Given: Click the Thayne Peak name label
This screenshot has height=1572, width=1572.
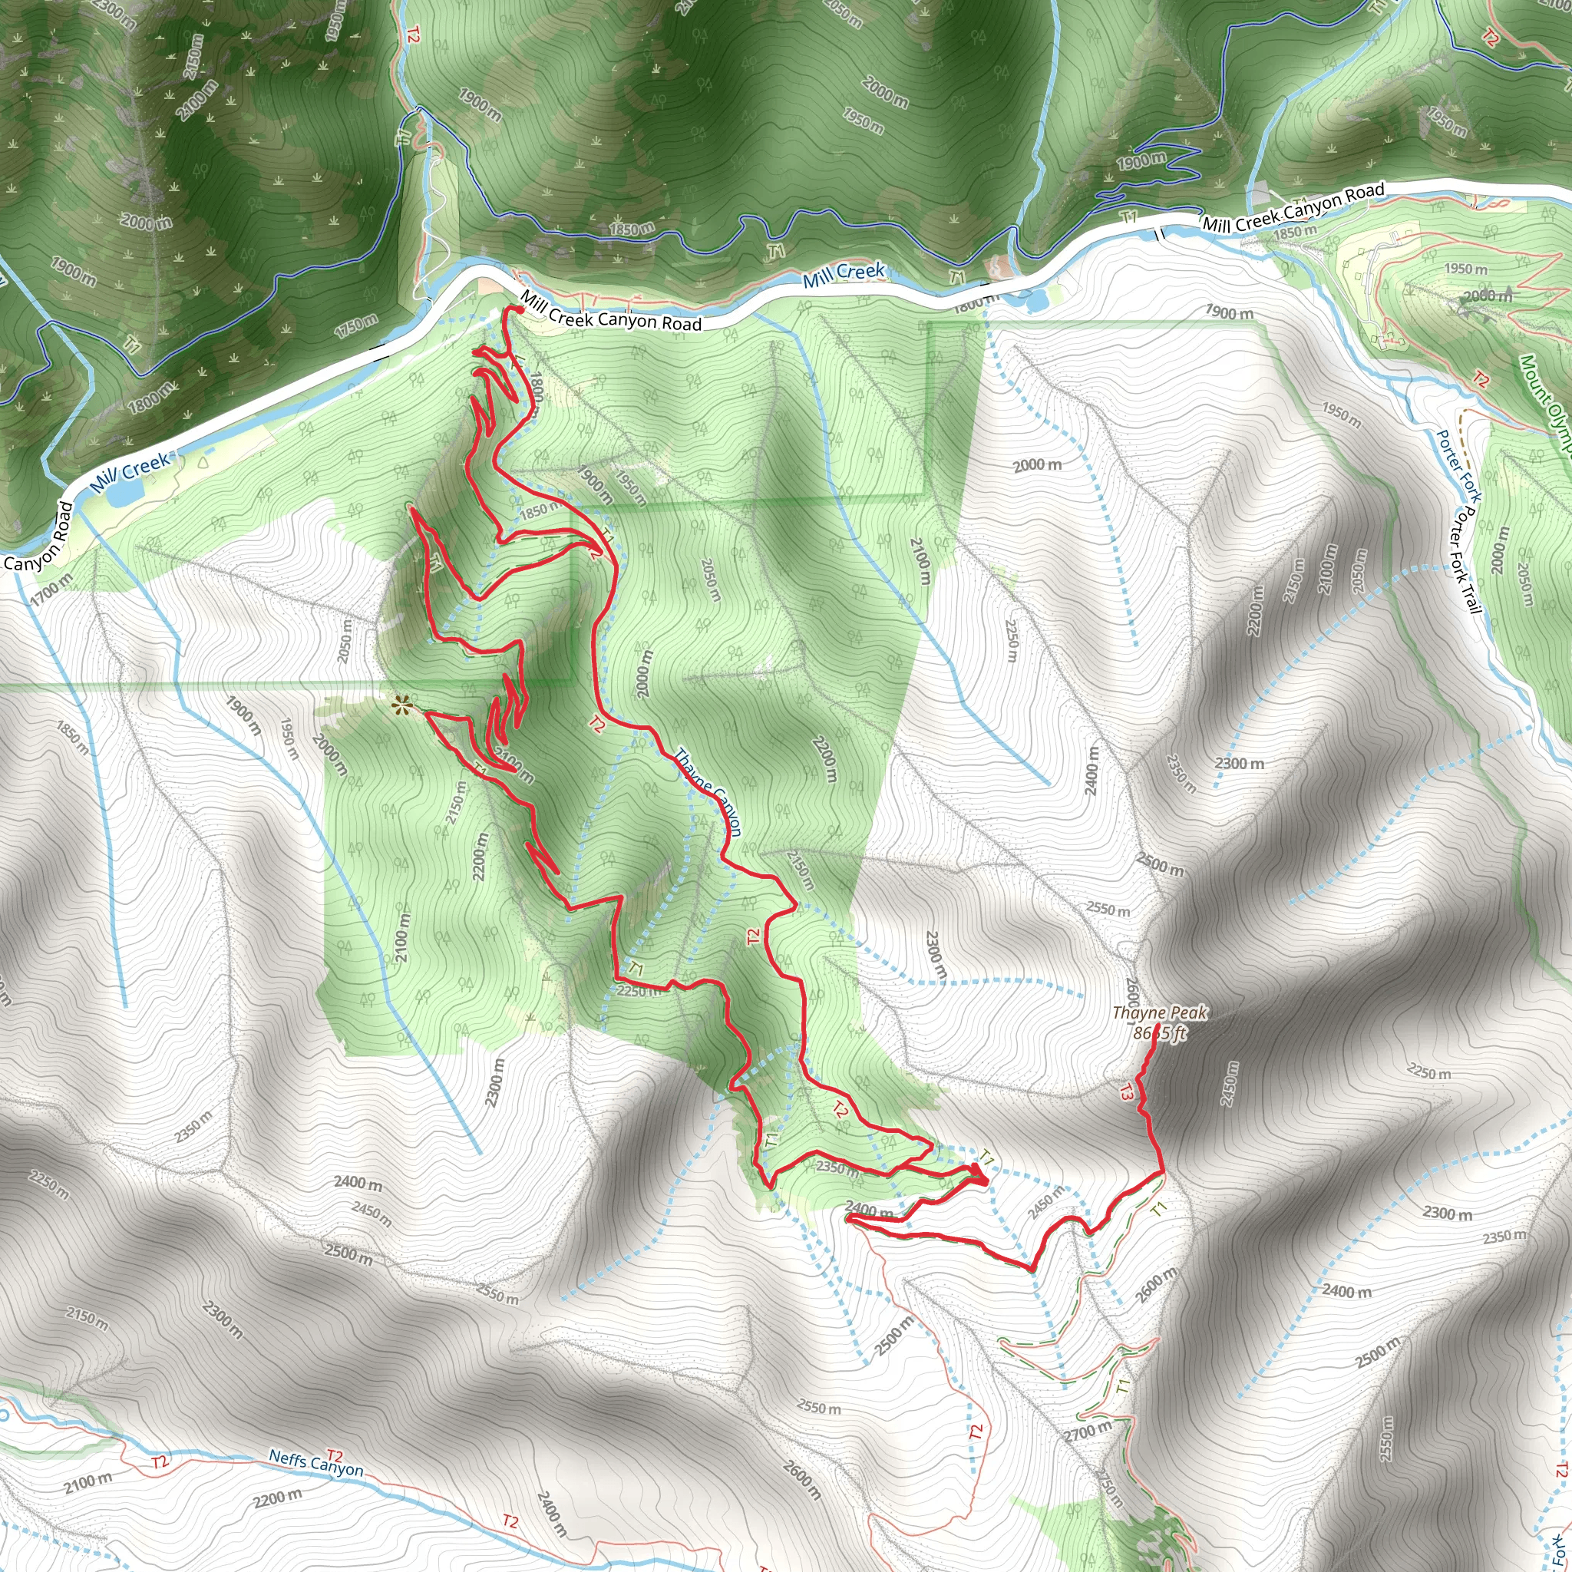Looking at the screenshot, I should coord(1160,1013).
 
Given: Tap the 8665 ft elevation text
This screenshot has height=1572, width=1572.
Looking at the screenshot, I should coord(1160,1032).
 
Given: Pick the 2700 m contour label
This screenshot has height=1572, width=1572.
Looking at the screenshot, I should coord(1087,1431).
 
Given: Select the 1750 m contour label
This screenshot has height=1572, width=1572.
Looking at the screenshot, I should coord(355,326).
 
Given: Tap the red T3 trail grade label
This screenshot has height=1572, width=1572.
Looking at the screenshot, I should coord(1125,1092).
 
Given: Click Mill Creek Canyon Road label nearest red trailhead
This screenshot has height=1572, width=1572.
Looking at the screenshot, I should coord(610,312).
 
